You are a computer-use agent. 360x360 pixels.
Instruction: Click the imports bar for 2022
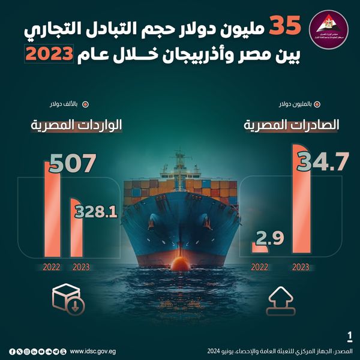pyautogui.click(x=51, y=207)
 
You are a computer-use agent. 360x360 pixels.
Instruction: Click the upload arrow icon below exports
pyautogui.click(x=283, y=299)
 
